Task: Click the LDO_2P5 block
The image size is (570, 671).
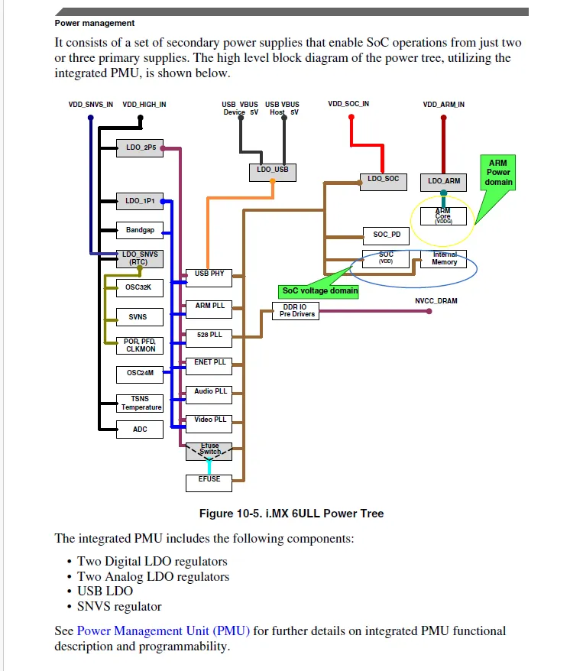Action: tap(140, 148)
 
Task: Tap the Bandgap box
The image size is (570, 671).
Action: tap(140, 229)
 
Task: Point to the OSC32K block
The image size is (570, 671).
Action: tap(140, 288)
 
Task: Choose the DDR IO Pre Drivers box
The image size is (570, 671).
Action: tap(296, 310)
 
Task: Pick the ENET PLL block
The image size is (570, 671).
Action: tap(211, 362)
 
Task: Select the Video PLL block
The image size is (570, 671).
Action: tap(211, 420)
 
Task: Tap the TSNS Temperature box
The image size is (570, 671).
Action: tap(140, 403)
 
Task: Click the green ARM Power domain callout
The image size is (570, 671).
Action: tap(498, 173)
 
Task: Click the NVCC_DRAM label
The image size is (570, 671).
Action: tap(436, 301)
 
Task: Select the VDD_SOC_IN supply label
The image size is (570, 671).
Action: tap(348, 104)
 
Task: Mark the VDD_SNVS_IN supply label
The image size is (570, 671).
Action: tap(91, 104)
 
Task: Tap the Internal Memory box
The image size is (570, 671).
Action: tap(444, 258)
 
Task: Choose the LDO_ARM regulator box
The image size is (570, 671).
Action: tap(444, 181)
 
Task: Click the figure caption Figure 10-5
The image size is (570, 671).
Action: tap(291, 513)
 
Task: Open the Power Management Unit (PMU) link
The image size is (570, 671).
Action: tap(164, 630)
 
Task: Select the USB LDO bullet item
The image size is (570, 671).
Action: tap(105, 591)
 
